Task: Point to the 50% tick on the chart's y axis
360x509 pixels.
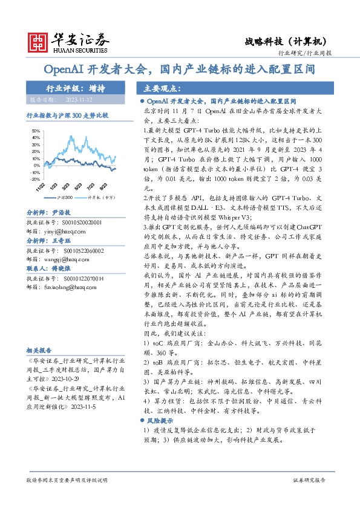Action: click(36, 130)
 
